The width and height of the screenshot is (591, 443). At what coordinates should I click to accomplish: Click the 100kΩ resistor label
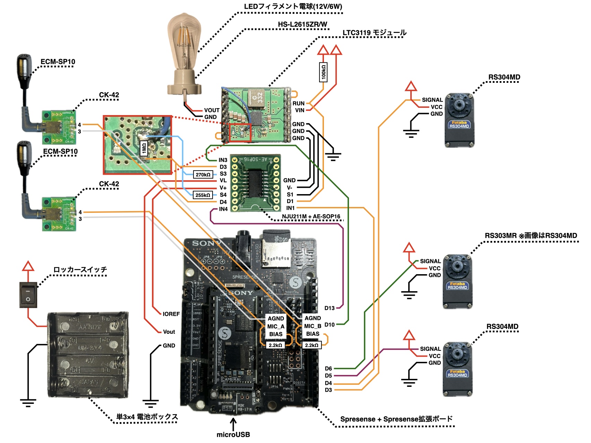tap(324, 72)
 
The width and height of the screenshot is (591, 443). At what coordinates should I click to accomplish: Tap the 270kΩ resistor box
tap(203, 174)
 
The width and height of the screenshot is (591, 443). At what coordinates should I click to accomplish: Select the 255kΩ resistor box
tap(203, 195)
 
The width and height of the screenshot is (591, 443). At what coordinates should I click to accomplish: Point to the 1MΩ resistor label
tap(144, 148)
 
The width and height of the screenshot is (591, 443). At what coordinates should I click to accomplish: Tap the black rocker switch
tap(28, 295)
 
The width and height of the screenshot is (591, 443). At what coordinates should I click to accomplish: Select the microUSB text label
tap(233, 435)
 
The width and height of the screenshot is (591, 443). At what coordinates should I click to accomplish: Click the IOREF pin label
tap(171, 314)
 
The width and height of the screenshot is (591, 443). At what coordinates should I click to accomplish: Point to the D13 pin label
tap(329, 308)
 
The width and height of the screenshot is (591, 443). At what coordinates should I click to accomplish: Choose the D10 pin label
tap(329, 325)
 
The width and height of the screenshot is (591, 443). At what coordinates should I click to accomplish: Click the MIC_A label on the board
tap(276, 327)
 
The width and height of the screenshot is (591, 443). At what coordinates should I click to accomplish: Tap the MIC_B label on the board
tap(312, 326)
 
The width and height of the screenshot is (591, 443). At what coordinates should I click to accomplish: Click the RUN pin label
tap(298, 103)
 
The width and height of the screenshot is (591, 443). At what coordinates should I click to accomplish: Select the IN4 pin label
tap(223, 209)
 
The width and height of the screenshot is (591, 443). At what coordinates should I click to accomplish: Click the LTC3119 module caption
tap(374, 33)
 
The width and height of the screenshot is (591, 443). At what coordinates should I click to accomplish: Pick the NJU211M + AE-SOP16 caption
tap(311, 217)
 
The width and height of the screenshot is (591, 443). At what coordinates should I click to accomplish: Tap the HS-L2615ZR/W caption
tap(302, 24)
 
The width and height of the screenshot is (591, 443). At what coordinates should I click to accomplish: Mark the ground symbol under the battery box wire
tap(28, 402)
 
